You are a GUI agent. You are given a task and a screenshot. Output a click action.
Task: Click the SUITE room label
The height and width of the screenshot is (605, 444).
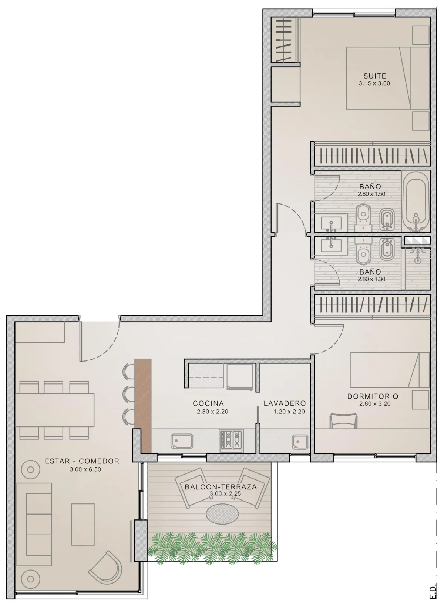374,76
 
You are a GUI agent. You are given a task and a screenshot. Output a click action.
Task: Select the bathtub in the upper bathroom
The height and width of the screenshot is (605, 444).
416,201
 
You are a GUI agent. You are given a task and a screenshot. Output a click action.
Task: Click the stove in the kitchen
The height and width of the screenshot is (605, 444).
232,441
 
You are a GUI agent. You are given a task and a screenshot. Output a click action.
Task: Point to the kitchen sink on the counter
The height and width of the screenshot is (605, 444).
182,441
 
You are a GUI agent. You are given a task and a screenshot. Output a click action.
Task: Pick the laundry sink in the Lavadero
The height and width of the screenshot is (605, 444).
300,442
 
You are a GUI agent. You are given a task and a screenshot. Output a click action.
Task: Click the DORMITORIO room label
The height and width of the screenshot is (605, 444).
373,396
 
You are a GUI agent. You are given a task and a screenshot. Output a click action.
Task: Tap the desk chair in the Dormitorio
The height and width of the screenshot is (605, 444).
344,421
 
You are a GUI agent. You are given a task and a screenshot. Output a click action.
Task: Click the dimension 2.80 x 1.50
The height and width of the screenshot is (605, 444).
371,194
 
